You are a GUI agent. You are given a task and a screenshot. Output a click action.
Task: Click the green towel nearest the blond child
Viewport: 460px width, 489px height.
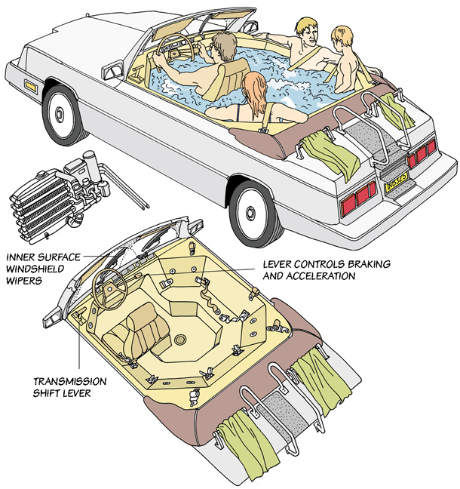tap(397, 112)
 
